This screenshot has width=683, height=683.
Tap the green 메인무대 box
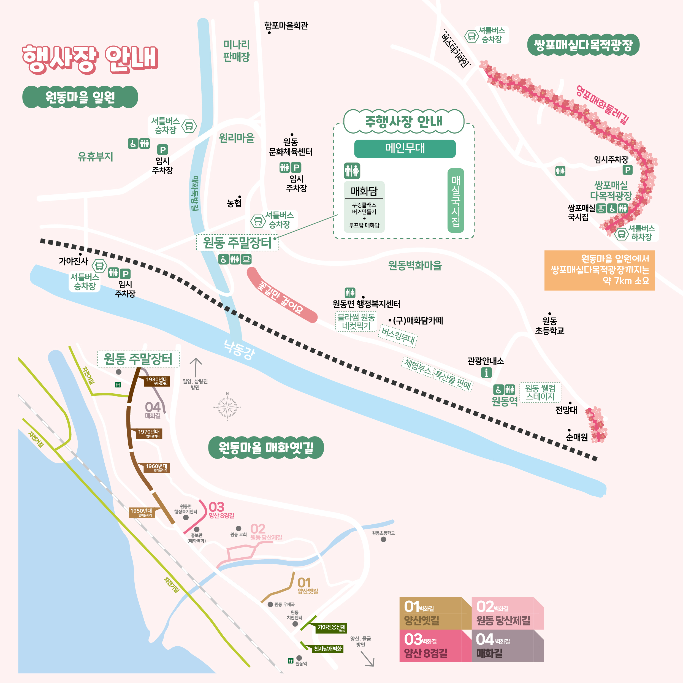pyautogui.click(x=405, y=148)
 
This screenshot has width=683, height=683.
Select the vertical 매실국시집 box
pyautogui.click(x=456, y=200)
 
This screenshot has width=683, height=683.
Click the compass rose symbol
pyautogui.click(x=227, y=407)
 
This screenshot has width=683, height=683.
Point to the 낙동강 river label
pyautogui.click(x=239, y=349)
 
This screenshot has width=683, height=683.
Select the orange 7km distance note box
pyautogui.click(x=600, y=270)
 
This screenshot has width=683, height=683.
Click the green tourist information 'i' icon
pyautogui.click(x=486, y=372)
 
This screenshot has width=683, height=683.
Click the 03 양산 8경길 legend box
pyautogui.click(x=435, y=646)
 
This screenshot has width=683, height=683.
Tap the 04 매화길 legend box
pyautogui.click(x=507, y=646)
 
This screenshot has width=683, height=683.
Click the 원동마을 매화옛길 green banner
pyautogui.click(x=266, y=448)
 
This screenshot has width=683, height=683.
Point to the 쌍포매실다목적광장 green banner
pyautogui.click(x=583, y=45)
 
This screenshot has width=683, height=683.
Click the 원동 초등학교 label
pyautogui.click(x=549, y=326)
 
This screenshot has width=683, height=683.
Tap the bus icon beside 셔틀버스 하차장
pyautogui.click(x=621, y=234)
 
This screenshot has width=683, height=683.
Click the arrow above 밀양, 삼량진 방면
pyautogui.click(x=196, y=367)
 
